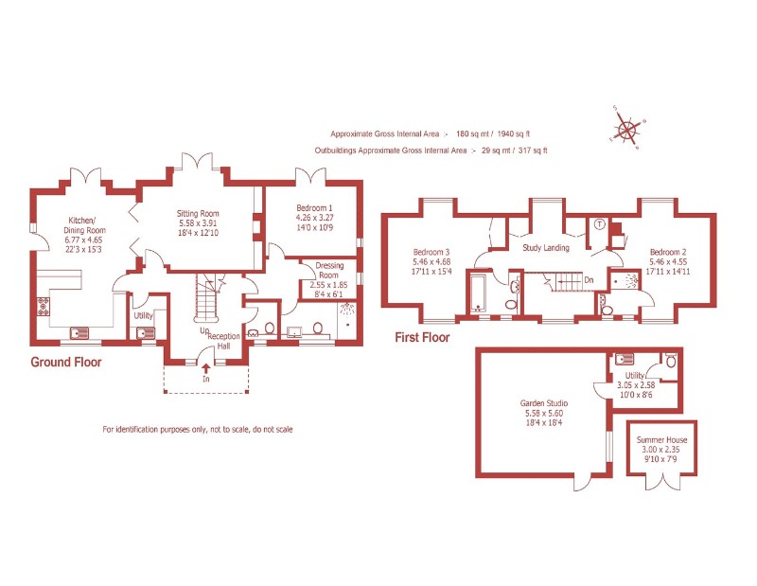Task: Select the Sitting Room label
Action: click(x=199, y=214)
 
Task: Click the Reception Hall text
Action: click(x=224, y=341)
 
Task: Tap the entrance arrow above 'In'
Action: click(x=205, y=367)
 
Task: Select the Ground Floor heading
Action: click(x=66, y=362)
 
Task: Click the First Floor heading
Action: click(x=422, y=337)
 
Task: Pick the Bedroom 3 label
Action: click(x=431, y=252)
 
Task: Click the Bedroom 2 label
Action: click(x=668, y=252)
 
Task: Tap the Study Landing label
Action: click(x=546, y=248)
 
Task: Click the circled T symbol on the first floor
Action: click(x=599, y=224)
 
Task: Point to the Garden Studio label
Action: click(x=544, y=401)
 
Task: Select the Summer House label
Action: click(x=662, y=440)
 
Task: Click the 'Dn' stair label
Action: click(x=589, y=279)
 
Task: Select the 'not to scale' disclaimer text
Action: click(x=198, y=430)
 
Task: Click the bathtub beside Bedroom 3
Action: click(x=478, y=293)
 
